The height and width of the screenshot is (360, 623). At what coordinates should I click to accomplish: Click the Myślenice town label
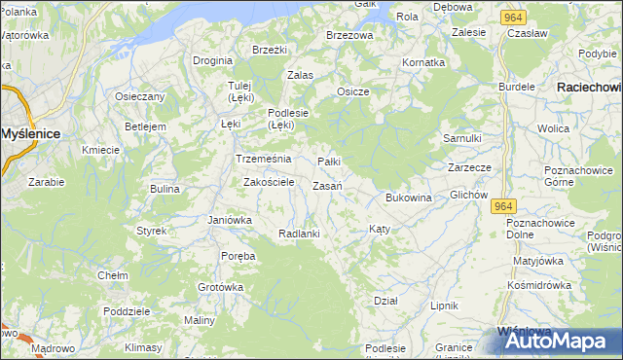point(33,132)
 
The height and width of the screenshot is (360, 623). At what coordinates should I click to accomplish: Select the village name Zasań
point(327,186)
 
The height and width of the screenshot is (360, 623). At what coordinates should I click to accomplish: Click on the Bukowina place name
point(408,198)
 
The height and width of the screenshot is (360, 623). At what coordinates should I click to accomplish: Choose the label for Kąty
point(380,229)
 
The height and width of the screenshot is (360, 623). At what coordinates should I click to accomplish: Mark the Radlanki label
point(299,234)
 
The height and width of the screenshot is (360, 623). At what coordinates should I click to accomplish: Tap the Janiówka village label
point(230,220)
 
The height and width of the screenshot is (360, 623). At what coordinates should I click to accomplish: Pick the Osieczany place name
point(140,96)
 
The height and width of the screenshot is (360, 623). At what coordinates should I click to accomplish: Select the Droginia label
point(212,60)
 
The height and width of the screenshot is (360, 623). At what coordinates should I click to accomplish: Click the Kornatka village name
point(423,62)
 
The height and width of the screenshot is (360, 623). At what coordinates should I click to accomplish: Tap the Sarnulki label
point(462,138)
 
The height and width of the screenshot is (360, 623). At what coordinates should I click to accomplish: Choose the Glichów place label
point(468,195)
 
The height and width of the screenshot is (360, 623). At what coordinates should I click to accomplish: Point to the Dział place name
point(385,301)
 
